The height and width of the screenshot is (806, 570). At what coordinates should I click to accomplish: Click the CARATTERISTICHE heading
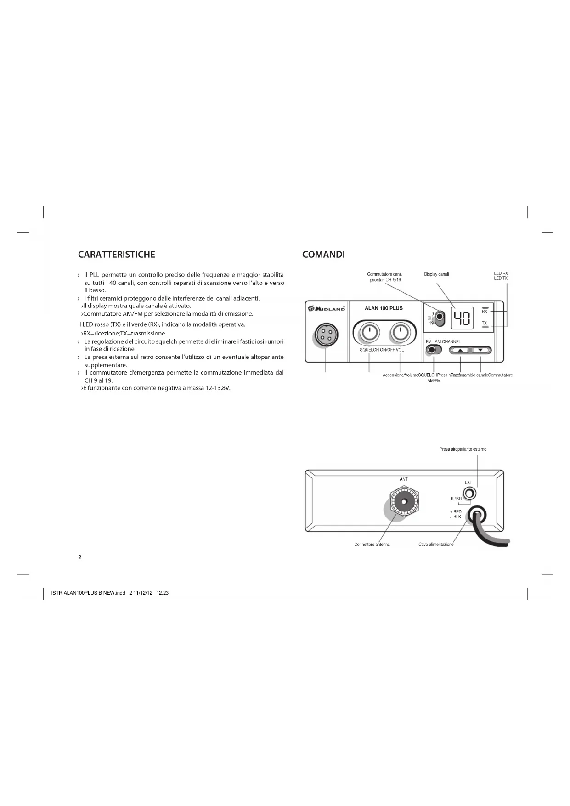pos(117,255)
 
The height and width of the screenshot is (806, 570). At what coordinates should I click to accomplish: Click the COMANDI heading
pos(323,255)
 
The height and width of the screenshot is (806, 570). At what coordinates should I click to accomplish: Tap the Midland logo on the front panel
pos(327,308)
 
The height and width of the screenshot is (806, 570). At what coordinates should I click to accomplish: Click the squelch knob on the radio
pos(369,333)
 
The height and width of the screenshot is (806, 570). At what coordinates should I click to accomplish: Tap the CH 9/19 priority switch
pos(440,318)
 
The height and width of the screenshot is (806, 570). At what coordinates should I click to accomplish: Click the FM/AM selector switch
pos(432,350)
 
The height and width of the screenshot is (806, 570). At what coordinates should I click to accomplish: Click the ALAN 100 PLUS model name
pos(384,308)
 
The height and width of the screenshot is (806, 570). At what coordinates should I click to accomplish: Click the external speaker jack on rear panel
pos(469,494)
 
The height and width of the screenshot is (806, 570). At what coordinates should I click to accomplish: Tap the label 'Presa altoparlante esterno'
pos(463,449)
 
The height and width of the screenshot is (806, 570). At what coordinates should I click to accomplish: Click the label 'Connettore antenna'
pos(372,545)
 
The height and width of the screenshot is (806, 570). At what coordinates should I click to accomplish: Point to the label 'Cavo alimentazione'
pos(435,545)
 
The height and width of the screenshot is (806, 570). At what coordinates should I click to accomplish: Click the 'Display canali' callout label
pos(436,274)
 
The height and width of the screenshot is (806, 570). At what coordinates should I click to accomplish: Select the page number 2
pos(80,557)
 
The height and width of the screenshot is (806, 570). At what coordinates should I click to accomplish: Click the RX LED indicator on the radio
pos(485,307)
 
